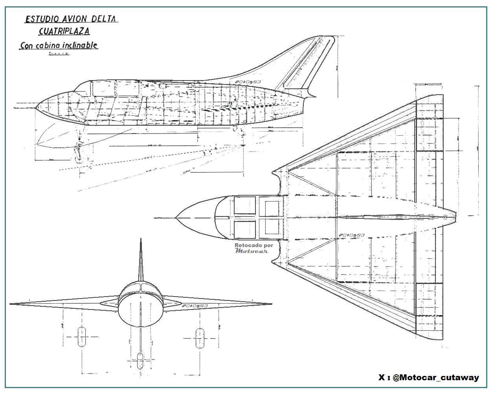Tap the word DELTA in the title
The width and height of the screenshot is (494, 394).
[105, 18]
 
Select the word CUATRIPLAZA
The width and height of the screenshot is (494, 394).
[64, 31]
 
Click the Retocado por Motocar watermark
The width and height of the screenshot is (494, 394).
[253, 248]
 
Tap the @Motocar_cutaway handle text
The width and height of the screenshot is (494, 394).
[435, 378]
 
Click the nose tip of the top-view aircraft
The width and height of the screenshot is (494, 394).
[176, 217]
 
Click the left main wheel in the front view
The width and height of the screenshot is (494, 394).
[82, 337]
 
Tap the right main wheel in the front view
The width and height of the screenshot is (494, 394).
[200, 337]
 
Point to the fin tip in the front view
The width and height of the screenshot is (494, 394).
[141, 240]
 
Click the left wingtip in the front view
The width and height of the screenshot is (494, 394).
[11, 304]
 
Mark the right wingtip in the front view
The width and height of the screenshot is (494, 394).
[271, 304]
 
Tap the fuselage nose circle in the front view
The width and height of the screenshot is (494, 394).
[141, 310]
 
